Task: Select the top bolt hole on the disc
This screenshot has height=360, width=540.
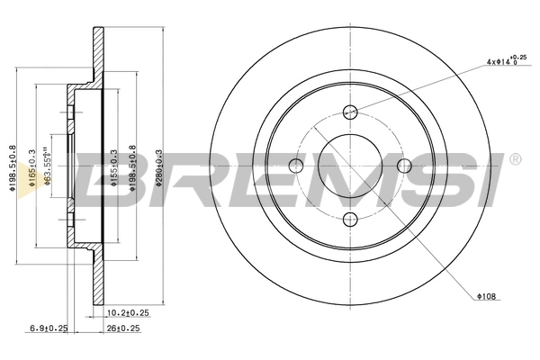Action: click(351, 112)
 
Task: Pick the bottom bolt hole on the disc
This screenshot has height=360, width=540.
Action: click(351, 219)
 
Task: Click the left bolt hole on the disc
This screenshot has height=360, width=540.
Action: click(297, 165)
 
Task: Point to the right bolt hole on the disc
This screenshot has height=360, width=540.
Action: click(404, 165)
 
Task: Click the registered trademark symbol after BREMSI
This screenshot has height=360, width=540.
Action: click(515, 159)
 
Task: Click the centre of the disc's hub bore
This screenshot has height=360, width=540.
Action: click(351, 165)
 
